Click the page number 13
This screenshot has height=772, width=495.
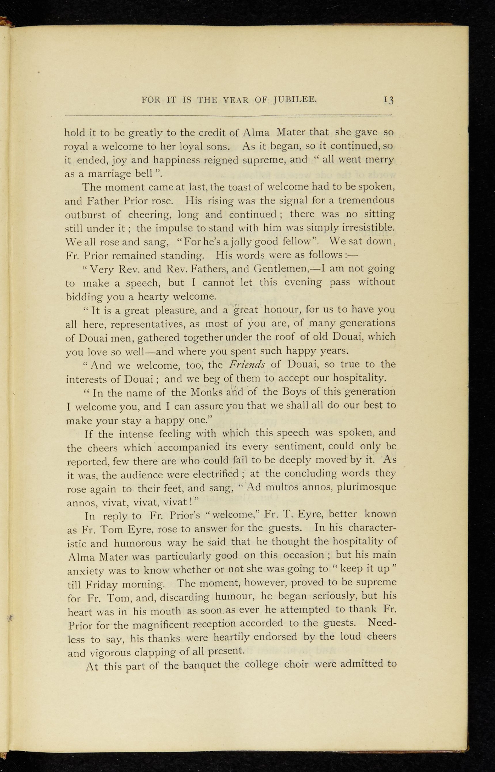coord(388,100)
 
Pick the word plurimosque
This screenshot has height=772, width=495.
coord(365,487)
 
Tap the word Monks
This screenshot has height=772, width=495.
coord(212,392)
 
